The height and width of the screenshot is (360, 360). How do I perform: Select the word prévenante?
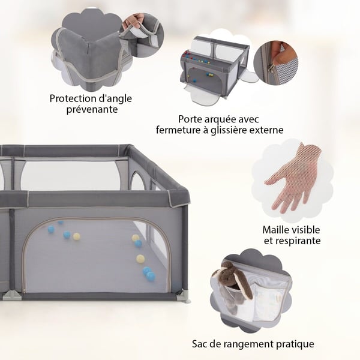point(92,110)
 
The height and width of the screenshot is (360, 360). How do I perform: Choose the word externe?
point(266,130)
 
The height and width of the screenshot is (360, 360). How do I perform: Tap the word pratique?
point(295,344)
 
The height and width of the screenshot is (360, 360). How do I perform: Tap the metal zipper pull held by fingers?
point(272,68)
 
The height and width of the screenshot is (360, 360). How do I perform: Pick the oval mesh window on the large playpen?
point(137,181)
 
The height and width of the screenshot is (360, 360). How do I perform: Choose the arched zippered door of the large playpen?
point(97,255)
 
